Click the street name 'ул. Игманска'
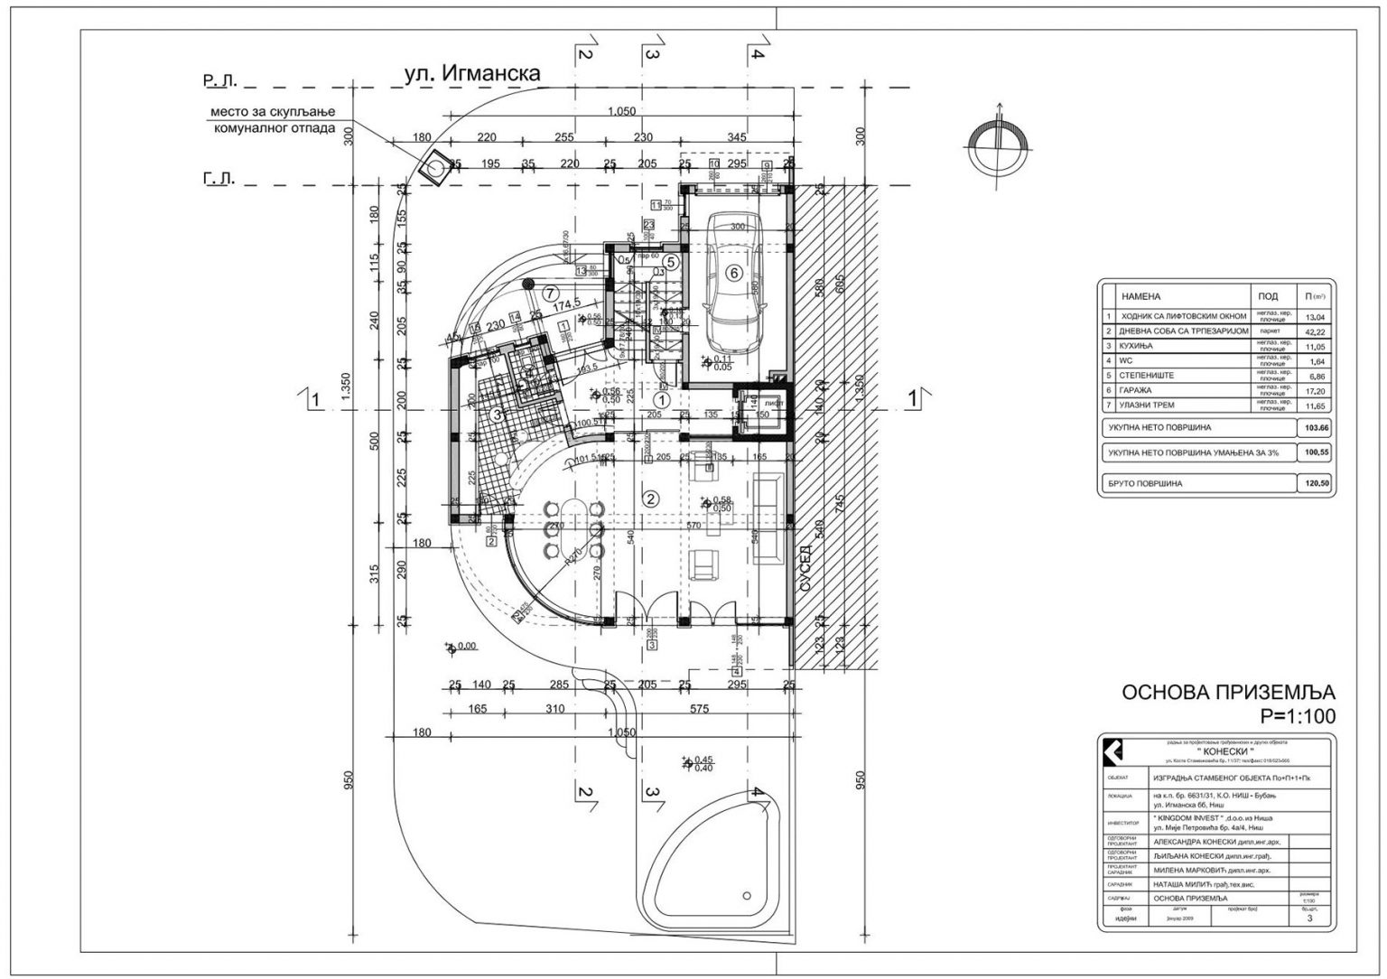[x=472, y=74]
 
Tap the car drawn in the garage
[x=734, y=284]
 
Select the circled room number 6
[x=734, y=272]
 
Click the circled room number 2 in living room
[x=648, y=497]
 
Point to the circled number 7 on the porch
[x=549, y=293]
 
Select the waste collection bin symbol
[x=436, y=168]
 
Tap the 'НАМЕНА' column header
[x=1140, y=296]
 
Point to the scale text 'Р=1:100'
[x=1297, y=716]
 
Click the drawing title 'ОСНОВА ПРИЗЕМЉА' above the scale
[x=1227, y=693]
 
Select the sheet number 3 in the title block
[x=1309, y=919]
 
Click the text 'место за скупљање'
[x=273, y=111]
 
